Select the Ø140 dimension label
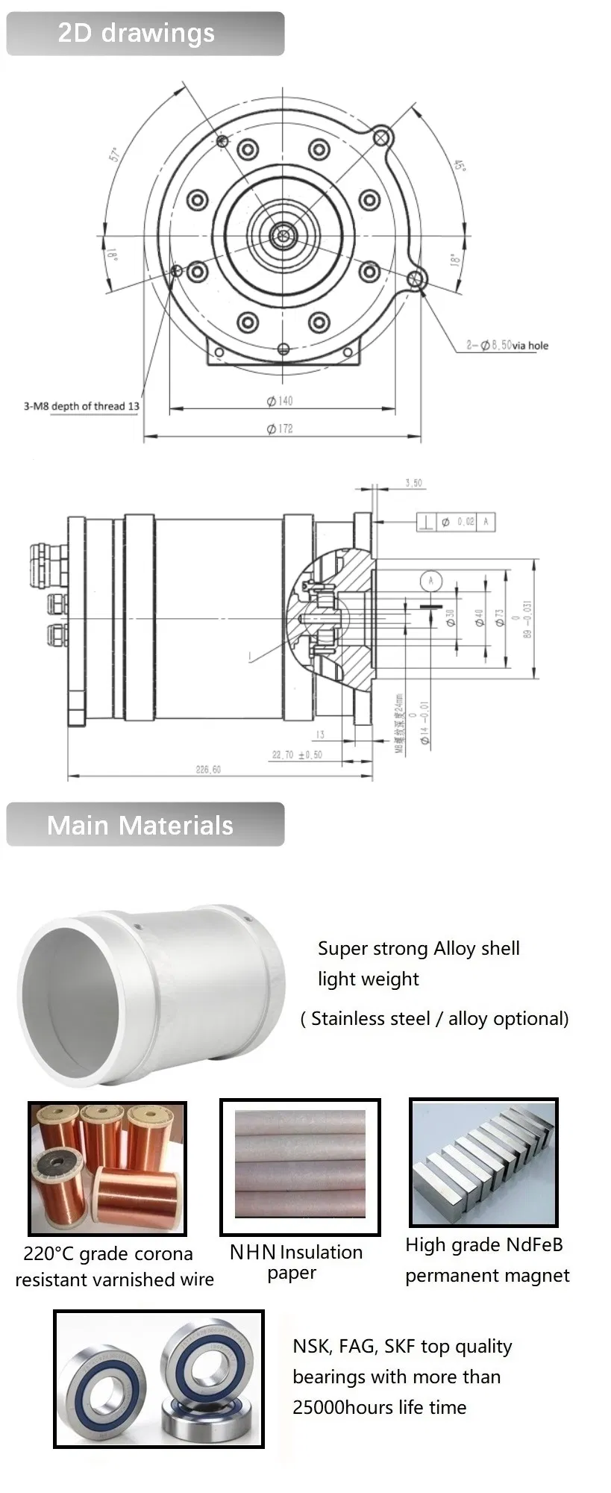point(280,401)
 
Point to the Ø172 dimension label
point(280,428)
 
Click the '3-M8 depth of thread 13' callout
point(81,406)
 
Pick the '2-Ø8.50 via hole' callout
point(507,345)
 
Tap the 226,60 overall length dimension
point(208,769)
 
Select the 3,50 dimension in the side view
point(413,483)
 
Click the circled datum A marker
point(430,580)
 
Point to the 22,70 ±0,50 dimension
point(297,755)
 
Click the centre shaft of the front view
point(283,237)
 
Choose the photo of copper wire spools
point(107,1168)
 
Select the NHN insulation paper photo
point(300,1166)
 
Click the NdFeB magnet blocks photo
point(483,1163)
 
